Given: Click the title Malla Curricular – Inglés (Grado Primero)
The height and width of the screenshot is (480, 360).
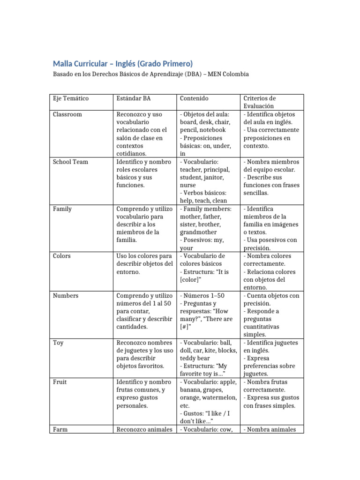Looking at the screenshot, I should [x=122, y=63].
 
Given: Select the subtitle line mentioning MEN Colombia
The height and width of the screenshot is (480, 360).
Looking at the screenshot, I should [x=150, y=75].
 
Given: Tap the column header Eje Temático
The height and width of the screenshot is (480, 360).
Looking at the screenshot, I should [x=70, y=98].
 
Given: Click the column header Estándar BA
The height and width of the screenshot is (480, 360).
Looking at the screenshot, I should [x=133, y=98].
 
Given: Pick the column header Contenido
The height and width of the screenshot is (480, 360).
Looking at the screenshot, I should [x=194, y=98].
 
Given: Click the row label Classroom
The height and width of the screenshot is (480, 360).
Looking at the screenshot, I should [x=67, y=114].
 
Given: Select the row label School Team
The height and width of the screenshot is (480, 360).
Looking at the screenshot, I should [x=70, y=162].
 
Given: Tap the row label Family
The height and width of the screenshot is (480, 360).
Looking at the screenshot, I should [x=62, y=209].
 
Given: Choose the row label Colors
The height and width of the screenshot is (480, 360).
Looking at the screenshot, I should [x=62, y=256].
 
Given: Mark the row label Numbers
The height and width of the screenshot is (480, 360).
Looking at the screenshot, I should [x=66, y=296].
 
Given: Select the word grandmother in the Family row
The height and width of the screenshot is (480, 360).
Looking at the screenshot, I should [x=198, y=232].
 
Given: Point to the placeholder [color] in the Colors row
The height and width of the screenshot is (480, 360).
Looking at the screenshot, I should [x=189, y=280].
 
